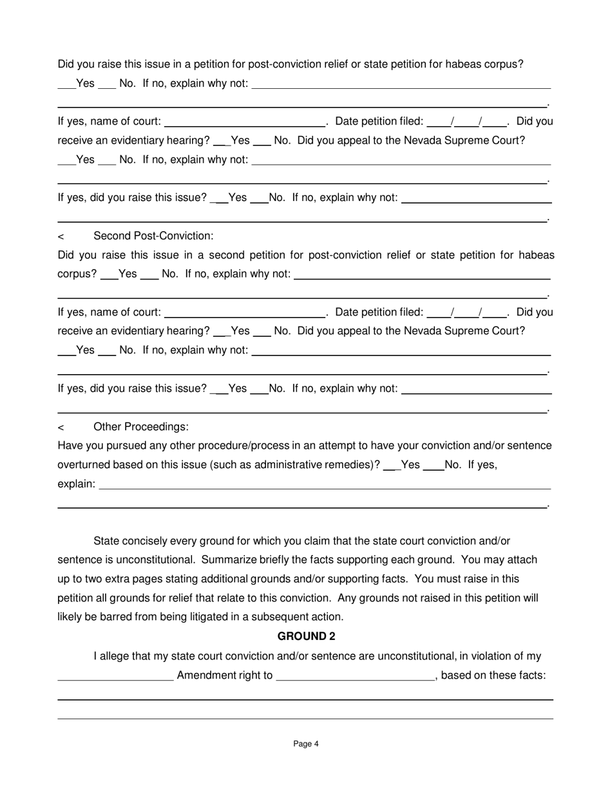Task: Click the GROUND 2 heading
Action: coord(306,636)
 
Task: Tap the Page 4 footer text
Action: coord(306,744)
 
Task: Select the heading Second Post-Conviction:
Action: coord(153,236)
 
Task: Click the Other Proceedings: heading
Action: coord(141,427)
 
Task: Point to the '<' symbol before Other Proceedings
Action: coord(61,428)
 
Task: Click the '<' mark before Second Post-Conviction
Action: coord(61,236)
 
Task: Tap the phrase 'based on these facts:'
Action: coord(493,675)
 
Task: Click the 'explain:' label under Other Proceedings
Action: coord(76,484)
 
